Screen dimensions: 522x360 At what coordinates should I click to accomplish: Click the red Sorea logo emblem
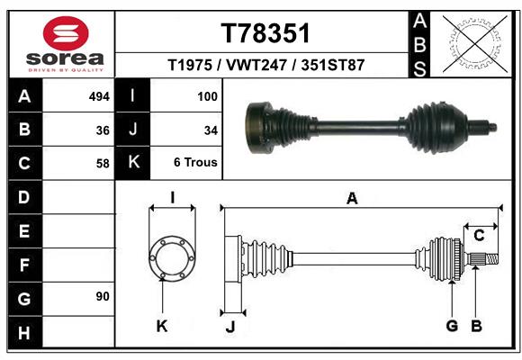pyautogui.click(x=66, y=33)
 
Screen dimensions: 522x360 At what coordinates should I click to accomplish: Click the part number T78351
pyautogui.click(x=265, y=33)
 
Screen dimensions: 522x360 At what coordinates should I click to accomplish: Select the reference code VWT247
pyautogui.click(x=256, y=65)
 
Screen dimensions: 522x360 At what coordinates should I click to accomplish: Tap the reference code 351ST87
pyautogui.click(x=333, y=65)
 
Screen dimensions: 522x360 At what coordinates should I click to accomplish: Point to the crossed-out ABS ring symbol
pyautogui.click(x=475, y=44)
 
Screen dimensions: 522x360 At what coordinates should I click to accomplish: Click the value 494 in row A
pyautogui.click(x=99, y=96)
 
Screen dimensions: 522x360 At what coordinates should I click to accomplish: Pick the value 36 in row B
pyautogui.click(x=103, y=130)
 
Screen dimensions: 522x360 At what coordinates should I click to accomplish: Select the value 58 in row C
pyautogui.click(x=103, y=164)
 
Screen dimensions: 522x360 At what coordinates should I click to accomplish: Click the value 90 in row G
pyautogui.click(x=103, y=296)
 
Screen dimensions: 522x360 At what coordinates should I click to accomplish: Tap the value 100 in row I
pyautogui.click(x=207, y=96)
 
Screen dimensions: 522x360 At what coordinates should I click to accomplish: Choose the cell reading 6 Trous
pyautogui.click(x=195, y=162)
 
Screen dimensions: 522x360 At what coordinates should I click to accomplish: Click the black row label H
pyautogui.click(x=24, y=332)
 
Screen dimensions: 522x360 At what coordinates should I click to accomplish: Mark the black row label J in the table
pyautogui.click(x=132, y=129)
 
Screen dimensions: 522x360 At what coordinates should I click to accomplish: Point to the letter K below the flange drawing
pyautogui.click(x=162, y=326)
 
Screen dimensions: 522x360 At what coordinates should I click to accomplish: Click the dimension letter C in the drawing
pyautogui.click(x=479, y=236)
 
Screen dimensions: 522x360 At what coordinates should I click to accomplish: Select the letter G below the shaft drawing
pyautogui.click(x=452, y=326)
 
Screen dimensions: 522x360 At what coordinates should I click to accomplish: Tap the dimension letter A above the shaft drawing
pyautogui.click(x=352, y=199)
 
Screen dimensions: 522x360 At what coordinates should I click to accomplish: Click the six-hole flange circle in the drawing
pyautogui.click(x=172, y=258)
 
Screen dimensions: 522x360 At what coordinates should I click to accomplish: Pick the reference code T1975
pyautogui.click(x=190, y=65)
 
